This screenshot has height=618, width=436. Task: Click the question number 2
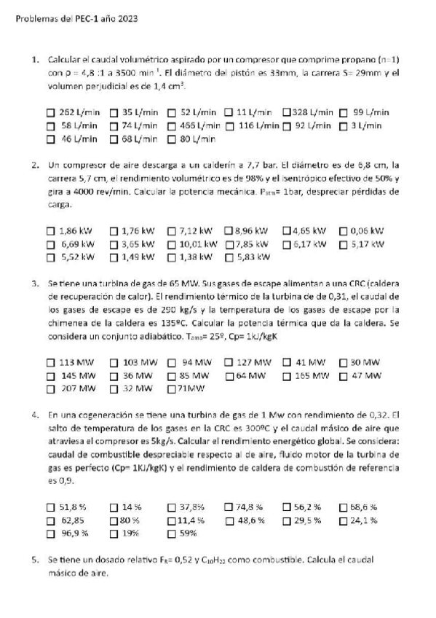(34, 165)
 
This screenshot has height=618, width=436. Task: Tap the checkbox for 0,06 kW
(344, 231)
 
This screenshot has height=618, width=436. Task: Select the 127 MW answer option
(229, 362)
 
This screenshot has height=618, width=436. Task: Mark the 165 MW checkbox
(286, 375)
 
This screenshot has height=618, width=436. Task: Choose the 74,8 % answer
(229, 506)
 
